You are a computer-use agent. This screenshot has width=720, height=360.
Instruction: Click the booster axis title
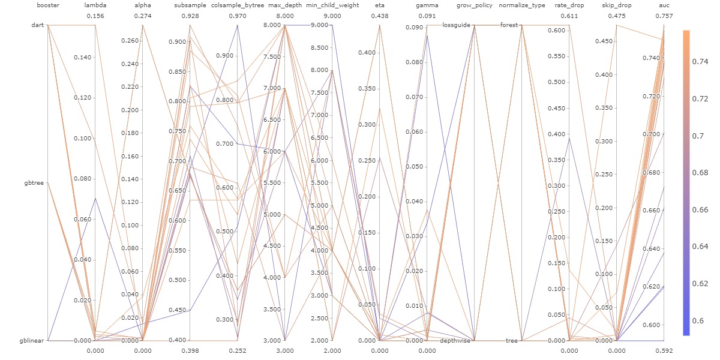point(47,5)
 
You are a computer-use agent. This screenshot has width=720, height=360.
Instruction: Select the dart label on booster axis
point(38,25)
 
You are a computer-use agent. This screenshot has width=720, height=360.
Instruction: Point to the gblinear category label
point(34,340)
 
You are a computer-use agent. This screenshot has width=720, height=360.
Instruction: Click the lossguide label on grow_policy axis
point(457,25)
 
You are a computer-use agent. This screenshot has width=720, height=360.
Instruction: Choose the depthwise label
point(455,340)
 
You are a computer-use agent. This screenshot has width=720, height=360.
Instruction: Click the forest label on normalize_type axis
point(510,25)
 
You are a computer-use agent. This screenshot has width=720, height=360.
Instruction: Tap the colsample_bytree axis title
point(238,5)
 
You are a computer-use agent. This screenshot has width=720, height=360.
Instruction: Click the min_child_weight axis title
point(332,5)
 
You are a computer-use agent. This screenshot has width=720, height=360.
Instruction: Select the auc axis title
point(664,5)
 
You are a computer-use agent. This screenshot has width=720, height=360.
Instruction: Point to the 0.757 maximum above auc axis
point(664,16)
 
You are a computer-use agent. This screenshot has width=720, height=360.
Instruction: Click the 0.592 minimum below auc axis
point(664,350)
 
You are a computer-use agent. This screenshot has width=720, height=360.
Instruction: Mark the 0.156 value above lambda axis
point(95,16)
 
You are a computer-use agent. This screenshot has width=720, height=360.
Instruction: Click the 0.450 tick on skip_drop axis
point(605,41)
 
